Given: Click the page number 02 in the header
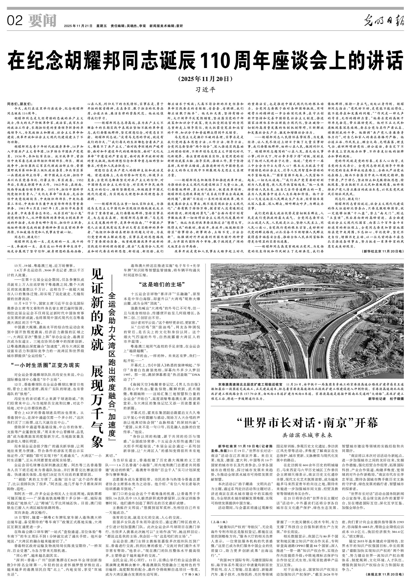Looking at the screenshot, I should click(x=15, y=21).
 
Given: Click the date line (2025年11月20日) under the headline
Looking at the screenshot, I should click(x=205, y=79).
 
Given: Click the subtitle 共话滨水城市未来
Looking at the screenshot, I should click(x=307, y=435).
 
